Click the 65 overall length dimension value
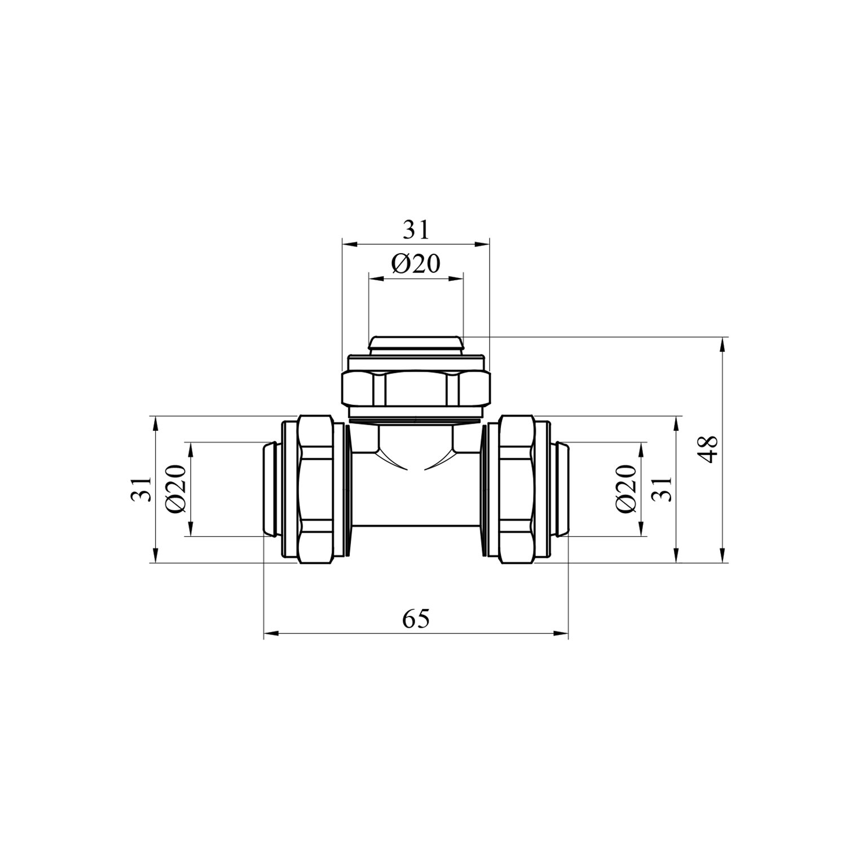[x=416, y=619]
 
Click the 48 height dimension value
[x=709, y=450]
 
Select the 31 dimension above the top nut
[x=416, y=230]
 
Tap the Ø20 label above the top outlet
[x=416, y=263]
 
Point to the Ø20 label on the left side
[x=177, y=489]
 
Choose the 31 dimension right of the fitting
[x=663, y=489]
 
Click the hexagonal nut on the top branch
[x=416, y=387]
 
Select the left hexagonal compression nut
[x=316, y=489]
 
